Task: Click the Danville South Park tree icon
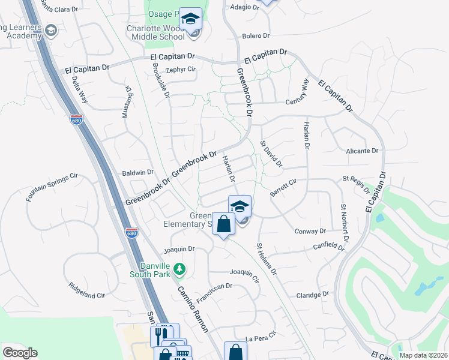178,268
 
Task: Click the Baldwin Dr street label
138,173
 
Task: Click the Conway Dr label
310,231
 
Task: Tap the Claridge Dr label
313,295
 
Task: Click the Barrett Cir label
283,186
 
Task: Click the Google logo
20,353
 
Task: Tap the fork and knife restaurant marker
160,333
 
